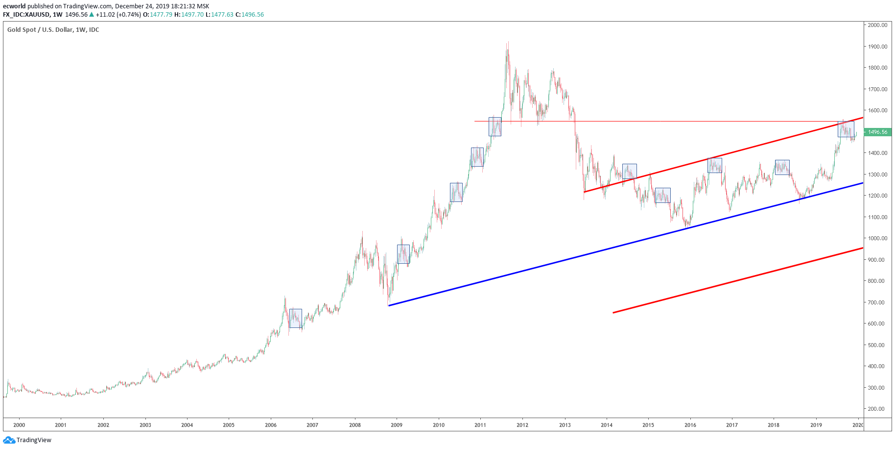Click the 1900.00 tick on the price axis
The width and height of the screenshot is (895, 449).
[877, 47]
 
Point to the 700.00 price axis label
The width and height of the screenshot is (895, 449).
[877, 302]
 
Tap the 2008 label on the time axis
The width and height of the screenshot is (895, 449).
[355, 425]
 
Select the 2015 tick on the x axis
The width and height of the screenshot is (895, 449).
[648, 425]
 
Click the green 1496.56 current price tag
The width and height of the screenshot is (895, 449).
[877, 132]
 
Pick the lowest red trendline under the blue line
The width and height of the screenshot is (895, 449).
[734, 281]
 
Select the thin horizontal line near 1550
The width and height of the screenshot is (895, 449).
[636, 121]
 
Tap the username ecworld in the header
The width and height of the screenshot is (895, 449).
[14, 6]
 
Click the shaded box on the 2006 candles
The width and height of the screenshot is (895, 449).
[296, 318]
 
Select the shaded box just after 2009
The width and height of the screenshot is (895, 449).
[403, 254]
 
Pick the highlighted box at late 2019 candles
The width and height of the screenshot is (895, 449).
[846, 129]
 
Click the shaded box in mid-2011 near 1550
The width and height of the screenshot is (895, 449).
[495, 126]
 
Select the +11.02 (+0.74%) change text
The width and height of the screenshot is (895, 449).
[118, 15]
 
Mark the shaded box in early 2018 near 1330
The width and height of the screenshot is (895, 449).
[782, 167]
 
